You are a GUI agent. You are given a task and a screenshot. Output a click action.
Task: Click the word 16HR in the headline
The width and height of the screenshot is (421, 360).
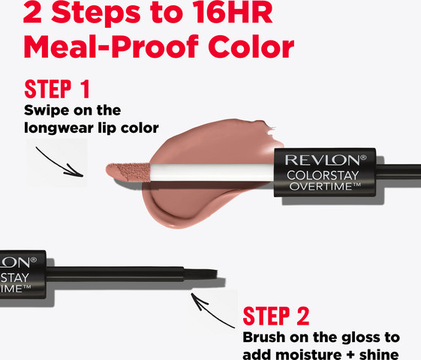tap(233, 13)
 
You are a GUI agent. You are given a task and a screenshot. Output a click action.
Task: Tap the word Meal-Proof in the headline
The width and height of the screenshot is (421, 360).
tap(111, 47)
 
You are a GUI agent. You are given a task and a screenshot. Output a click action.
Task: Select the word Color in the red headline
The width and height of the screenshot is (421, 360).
tap(251, 47)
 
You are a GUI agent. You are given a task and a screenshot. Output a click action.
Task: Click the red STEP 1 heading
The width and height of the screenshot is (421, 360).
tap(57, 89)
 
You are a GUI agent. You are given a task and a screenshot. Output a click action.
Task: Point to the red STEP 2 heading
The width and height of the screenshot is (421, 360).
tap(276, 316)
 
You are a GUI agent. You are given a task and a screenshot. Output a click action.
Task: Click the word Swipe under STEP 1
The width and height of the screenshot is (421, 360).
tap(47, 110)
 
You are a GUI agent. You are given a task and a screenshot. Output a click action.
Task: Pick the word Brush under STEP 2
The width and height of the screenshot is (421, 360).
tap(264, 337)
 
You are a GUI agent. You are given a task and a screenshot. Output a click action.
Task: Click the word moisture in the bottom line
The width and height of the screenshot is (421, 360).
tap(308, 355)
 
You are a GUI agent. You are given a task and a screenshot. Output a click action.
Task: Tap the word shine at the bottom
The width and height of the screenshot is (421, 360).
tap(379, 355)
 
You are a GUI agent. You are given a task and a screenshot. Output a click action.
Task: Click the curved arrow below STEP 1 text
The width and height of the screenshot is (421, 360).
tap(59, 163)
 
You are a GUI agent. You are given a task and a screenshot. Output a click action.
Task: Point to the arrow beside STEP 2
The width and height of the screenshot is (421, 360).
tap(212, 310)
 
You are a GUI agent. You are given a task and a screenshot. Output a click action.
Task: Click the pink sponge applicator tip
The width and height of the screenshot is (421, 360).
tap(128, 172)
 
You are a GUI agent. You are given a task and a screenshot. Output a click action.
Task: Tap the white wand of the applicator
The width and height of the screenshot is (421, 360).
tap(212, 172)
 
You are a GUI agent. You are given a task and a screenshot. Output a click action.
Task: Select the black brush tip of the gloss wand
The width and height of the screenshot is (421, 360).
tap(201, 275)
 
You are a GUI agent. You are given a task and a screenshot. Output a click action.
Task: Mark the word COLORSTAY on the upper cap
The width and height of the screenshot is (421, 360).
tap(323, 175)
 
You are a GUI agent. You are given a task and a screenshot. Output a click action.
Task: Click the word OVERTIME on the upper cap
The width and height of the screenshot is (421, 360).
tap(322, 186)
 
